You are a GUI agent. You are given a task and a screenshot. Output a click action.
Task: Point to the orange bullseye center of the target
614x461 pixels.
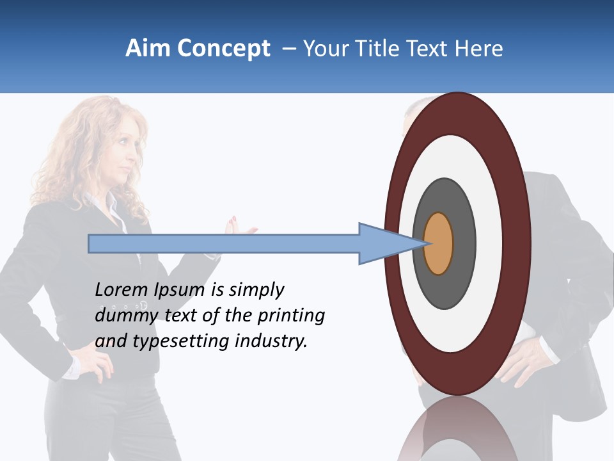(439, 243)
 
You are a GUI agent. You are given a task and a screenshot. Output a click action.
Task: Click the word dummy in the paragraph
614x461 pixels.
(123, 316)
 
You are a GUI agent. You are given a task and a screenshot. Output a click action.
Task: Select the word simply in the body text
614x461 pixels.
(256, 291)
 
